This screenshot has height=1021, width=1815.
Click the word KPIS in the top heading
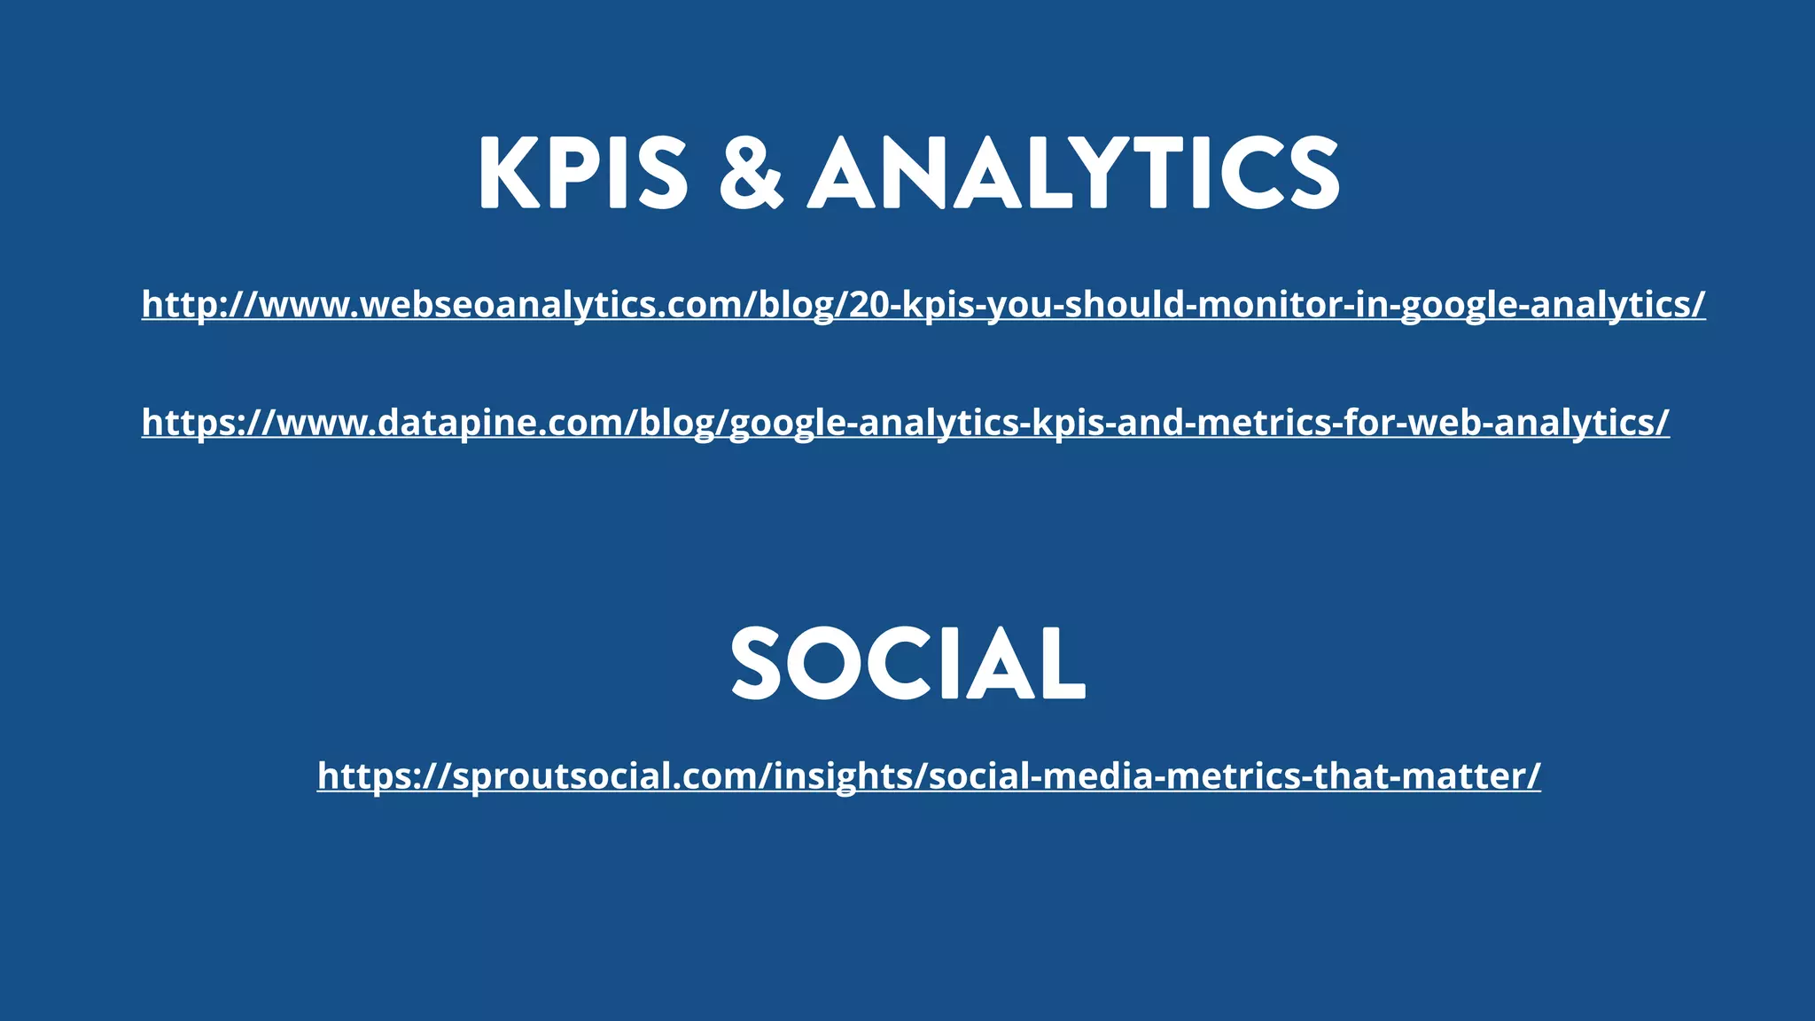(x=583, y=173)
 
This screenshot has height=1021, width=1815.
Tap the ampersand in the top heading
(x=751, y=173)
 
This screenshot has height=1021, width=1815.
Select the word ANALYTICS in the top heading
(x=1073, y=173)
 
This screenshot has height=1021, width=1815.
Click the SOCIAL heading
(x=907, y=664)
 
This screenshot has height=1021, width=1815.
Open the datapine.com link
(x=905, y=423)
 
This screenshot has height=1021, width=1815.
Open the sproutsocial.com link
(x=929, y=776)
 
